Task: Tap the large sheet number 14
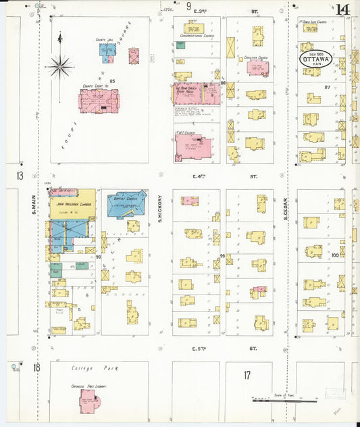(342, 9)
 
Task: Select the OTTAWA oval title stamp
(317, 58)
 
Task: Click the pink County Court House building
(99, 101)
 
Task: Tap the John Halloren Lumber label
(73, 203)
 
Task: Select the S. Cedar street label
(286, 206)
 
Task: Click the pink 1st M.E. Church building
(192, 146)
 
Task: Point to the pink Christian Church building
(257, 67)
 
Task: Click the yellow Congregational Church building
(194, 28)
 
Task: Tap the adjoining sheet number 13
(20, 176)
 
